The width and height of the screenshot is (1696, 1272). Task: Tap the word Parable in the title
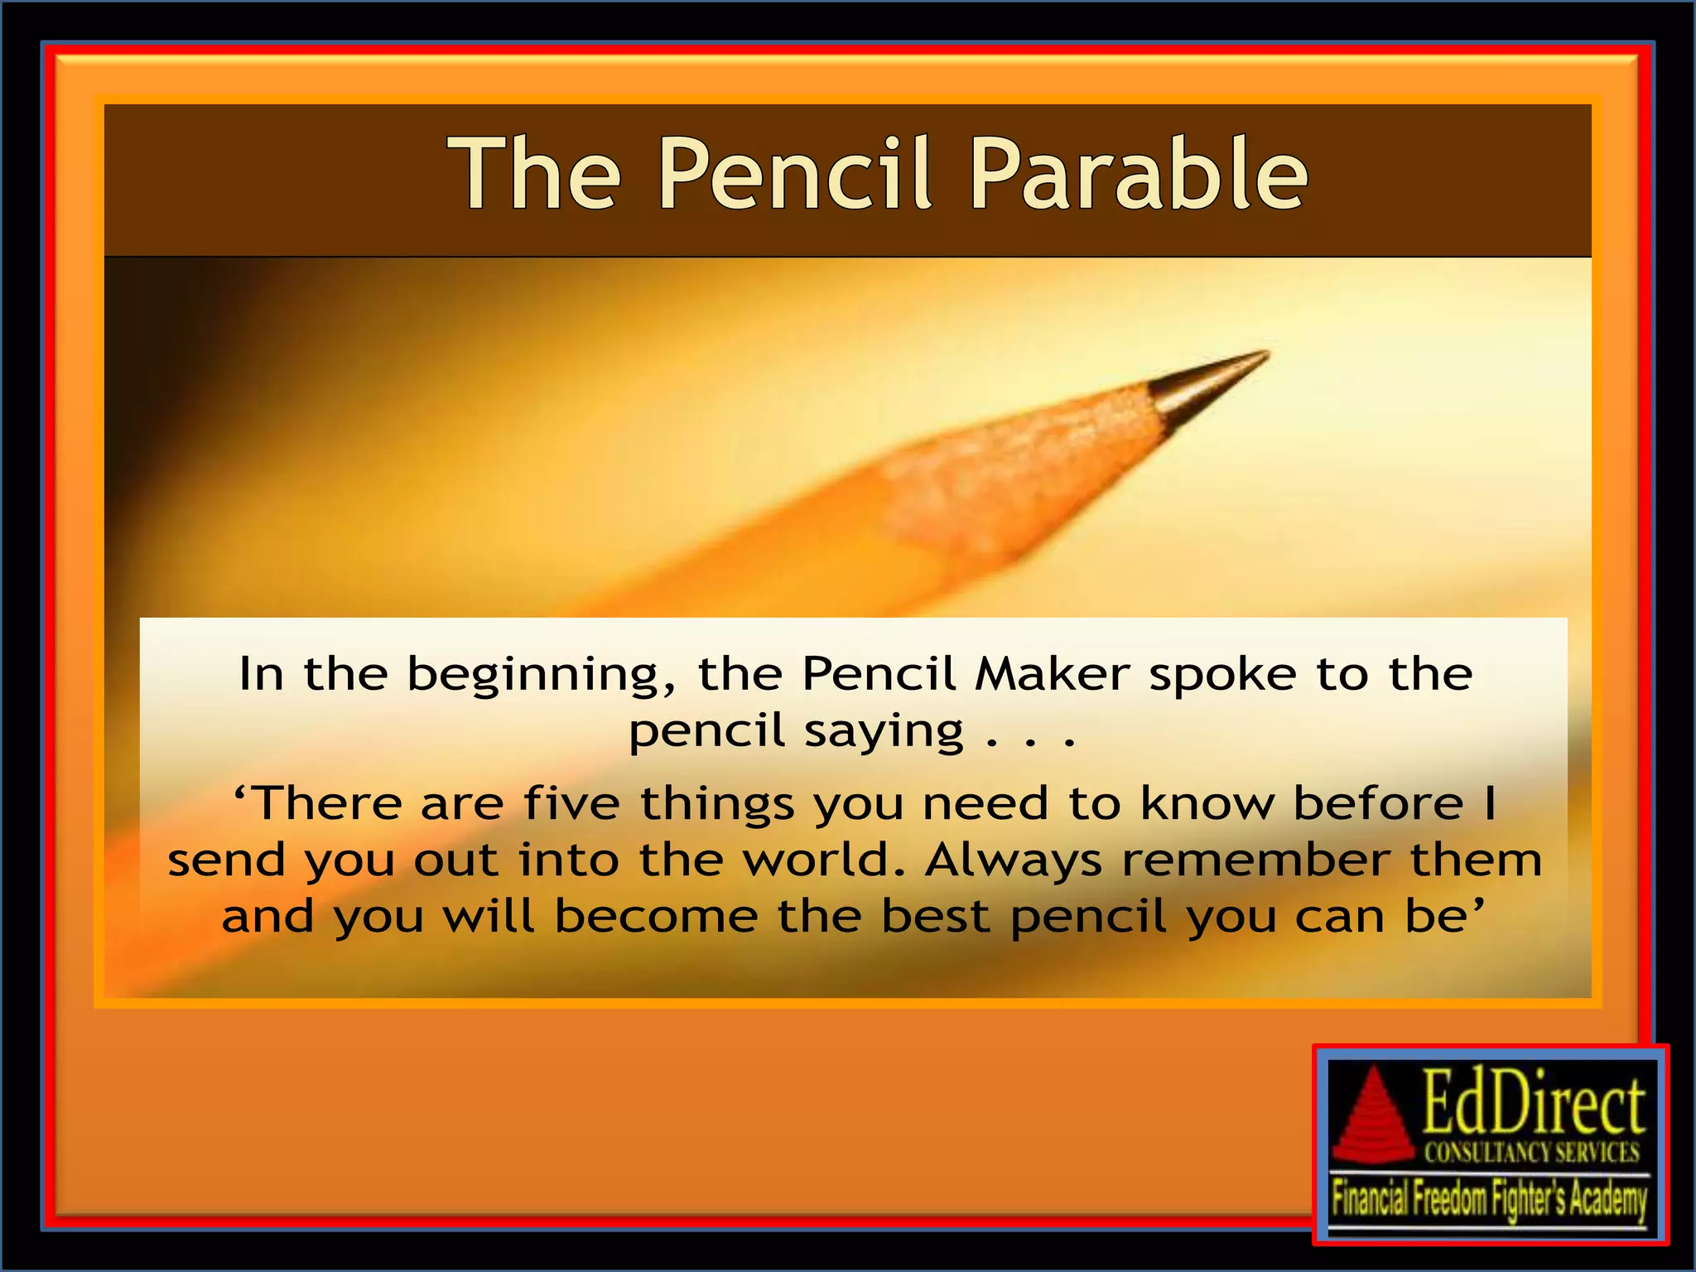pos(1139,174)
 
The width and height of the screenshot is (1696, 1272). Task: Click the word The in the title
pos(535,174)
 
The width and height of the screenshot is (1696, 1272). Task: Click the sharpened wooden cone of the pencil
pos(1035,472)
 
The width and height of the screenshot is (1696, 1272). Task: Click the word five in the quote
pos(571,803)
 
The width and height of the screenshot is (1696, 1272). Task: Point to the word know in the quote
pos(1207,803)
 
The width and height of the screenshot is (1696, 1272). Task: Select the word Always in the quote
pos(1013,861)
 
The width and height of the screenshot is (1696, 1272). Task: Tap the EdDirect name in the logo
pos(1533,1105)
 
